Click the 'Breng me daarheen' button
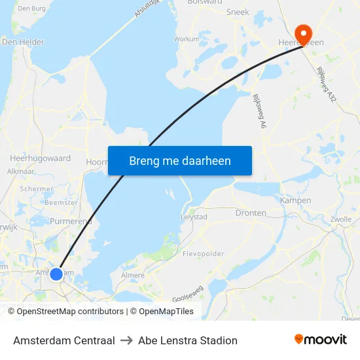click(x=180, y=160)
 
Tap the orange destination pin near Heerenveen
click(x=304, y=33)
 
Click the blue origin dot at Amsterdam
click(x=56, y=274)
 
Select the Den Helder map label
click(x=23, y=42)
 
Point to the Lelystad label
click(x=193, y=217)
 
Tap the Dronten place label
click(x=251, y=213)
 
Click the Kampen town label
click(x=295, y=200)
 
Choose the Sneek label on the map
click(x=238, y=12)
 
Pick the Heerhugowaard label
click(x=40, y=158)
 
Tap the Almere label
click(x=133, y=276)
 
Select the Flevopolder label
click(x=204, y=253)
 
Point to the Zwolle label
click(x=341, y=219)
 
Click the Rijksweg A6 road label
click(x=259, y=111)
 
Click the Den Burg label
click(x=32, y=9)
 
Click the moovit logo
click(x=321, y=340)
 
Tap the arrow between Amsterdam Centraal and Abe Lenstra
click(x=126, y=340)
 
